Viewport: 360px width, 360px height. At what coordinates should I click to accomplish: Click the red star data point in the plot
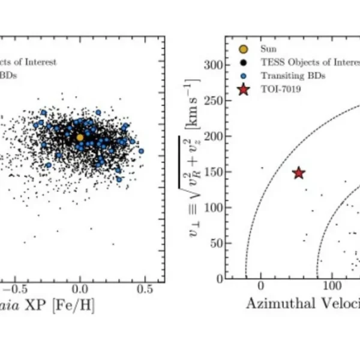(x=299, y=173)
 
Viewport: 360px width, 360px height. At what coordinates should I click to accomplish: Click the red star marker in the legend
(x=243, y=90)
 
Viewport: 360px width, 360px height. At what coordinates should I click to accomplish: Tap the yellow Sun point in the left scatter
(x=80, y=137)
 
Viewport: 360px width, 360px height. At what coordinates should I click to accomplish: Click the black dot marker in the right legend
(x=243, y=61)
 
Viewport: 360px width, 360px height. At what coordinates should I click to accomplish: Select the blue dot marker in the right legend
(x=243, y=76)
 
